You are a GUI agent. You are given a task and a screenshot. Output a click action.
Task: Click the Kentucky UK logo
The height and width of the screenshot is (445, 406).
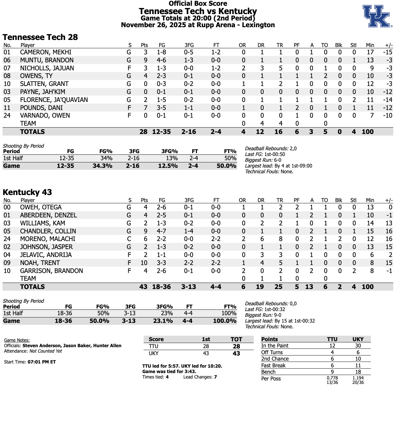coord(377,16)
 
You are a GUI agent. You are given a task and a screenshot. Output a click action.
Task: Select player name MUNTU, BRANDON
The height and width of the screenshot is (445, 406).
coord(47,60)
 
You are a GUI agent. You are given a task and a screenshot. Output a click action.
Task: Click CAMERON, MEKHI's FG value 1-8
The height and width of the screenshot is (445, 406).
coord(161,52)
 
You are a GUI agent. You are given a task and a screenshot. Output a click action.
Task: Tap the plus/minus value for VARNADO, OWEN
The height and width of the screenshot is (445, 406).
coord(387,115)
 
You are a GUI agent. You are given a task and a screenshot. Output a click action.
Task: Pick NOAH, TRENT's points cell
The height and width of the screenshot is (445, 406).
coord(144,263)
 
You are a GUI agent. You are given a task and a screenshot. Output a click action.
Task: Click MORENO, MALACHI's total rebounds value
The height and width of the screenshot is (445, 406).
coord(280,239)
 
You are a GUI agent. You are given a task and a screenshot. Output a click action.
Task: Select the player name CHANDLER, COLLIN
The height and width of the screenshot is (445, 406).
coord(48,231)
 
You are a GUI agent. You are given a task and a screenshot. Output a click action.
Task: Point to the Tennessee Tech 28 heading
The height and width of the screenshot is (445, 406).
coord(40,37)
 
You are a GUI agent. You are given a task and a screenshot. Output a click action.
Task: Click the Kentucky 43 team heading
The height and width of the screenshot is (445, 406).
coord(27,192)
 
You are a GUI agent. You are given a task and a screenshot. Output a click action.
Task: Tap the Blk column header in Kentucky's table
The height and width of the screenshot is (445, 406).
coord(339,200)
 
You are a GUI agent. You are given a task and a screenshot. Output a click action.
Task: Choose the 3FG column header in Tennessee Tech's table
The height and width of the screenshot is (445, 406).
coord(189,45)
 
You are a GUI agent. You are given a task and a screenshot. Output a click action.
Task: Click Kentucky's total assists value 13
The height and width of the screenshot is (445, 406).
coord(309,287)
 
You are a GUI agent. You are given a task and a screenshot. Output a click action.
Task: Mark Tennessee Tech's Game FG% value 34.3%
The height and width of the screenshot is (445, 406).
coord(102,166)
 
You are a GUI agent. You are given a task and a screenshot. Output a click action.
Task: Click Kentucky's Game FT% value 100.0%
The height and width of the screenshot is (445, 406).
coord(224,321)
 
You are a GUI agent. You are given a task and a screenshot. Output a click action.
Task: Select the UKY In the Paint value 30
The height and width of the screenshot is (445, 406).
coord(358,346)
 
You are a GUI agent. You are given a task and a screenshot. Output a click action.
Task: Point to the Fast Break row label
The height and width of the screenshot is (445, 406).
coord(273,365)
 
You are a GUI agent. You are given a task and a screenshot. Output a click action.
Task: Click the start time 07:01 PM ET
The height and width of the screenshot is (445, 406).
coord(42,362)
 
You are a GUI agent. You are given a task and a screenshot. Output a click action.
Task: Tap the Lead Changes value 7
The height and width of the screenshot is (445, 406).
coord(215,377)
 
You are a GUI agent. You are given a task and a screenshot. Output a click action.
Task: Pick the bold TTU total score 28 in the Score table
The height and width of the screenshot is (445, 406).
coord(236,346)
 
